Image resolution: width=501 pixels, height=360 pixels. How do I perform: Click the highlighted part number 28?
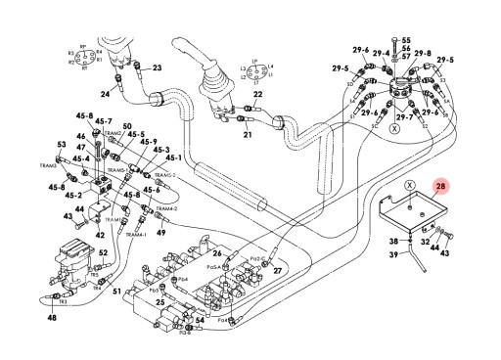point(439,186)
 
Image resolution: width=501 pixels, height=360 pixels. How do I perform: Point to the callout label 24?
point(106,94)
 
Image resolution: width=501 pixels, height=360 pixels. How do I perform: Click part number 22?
point(257,121)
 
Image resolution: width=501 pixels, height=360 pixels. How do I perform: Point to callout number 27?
point(277,270)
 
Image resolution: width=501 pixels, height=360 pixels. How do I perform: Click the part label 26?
point(217,254)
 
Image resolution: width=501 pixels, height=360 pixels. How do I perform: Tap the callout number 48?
point(51,318)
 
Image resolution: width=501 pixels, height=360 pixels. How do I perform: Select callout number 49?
point(161,231)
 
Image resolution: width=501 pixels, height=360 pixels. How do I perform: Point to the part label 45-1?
point(174,157)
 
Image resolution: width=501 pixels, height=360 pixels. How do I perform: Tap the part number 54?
point(200,319)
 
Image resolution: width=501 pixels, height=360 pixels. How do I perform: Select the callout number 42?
point(100,236)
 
